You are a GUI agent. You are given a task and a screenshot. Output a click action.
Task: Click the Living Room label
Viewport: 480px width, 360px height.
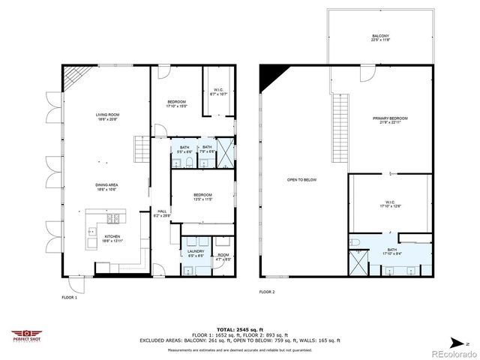pos(108,117)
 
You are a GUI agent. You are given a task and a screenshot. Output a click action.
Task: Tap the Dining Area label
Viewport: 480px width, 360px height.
pos(108,187)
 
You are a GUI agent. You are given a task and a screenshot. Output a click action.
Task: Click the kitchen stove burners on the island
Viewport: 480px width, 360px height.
pos(112,219)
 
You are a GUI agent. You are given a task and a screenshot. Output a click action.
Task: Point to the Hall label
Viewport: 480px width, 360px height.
pos(161,213)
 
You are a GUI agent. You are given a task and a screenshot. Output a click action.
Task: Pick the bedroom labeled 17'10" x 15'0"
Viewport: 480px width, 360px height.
pos(176,103)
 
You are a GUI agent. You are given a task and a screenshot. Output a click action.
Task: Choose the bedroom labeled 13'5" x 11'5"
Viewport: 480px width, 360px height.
pos(203,196)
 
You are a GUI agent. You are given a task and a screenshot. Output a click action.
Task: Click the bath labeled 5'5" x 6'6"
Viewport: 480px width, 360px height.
pos(184,149)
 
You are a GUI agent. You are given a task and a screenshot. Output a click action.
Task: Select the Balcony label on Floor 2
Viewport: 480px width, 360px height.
pos(380,38)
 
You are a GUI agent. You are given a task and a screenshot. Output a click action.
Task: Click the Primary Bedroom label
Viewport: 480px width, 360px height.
pos(390,121)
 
